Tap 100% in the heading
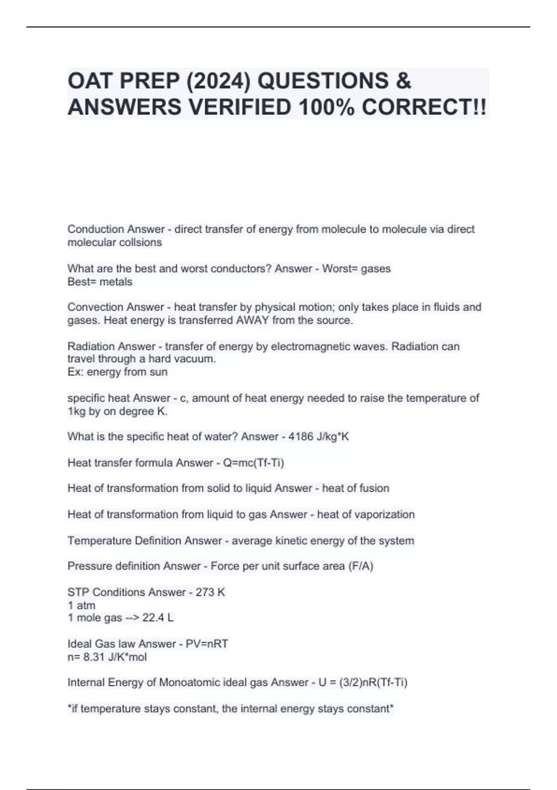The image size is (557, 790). pos(326,108)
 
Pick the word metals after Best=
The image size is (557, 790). pos(116,282)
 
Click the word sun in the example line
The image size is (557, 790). pos(158,372)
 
